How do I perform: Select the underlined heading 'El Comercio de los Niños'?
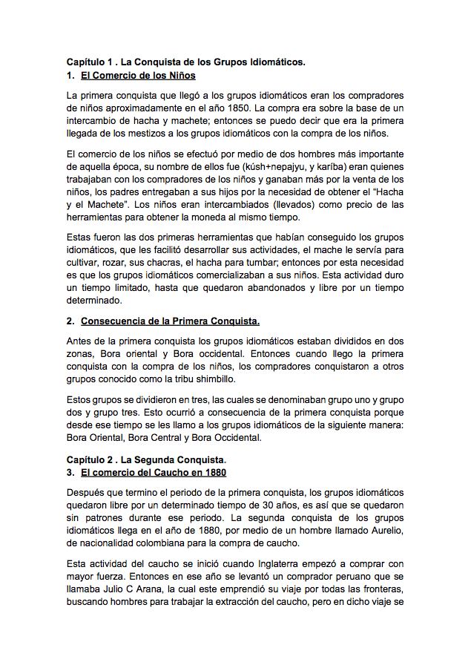tap(138, 76)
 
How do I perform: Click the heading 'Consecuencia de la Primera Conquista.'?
tap(170, 321)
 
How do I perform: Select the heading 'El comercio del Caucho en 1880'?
tap(153, 473)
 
